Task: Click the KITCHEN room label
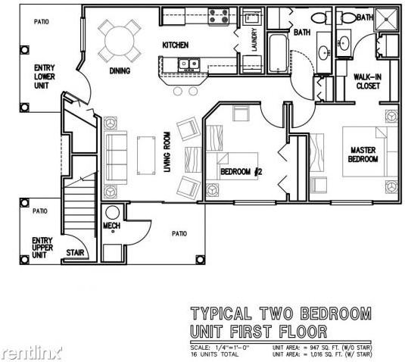point(175,45)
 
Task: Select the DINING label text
point(120,71)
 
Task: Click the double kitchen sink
point(186,64)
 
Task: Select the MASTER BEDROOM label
point(363,154)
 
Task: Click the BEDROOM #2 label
point(241,171)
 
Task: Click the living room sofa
point(115,155)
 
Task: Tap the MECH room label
point(111,226)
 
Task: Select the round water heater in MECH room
point(114,213)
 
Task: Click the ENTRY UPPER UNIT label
point(42,247)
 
